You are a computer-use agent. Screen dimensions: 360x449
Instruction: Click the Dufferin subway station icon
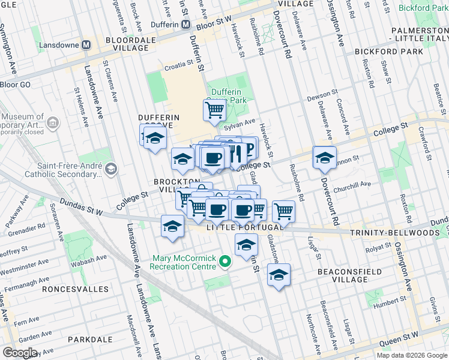tap(186, 25)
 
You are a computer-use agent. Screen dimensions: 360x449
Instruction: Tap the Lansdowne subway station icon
tap(87, 44)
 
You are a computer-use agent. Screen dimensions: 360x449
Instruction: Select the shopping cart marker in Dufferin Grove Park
tap(214, 110)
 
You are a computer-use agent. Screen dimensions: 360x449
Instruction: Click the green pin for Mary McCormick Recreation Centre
tap(224, 261)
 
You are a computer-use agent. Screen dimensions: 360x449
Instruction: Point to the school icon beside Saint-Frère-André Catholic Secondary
tap(110, 170)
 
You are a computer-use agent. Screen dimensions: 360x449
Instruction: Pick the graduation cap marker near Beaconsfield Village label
tap(279, 275)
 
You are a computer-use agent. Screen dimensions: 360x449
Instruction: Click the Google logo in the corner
tap(20, 353)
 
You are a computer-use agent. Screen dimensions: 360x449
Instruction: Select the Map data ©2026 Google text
tap(412, 355)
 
